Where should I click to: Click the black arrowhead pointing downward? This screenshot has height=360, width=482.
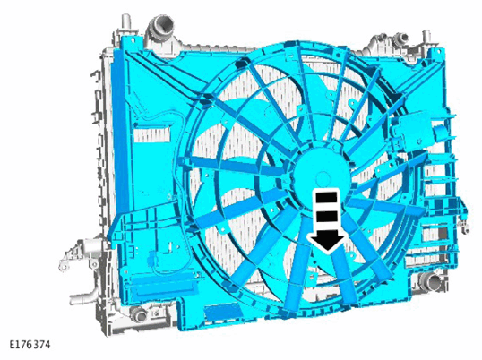[327, 240]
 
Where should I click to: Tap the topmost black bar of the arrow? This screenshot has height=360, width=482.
[326, 197]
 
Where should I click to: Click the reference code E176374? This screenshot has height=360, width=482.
[30, 345]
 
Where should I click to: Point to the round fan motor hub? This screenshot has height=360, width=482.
[322, 177]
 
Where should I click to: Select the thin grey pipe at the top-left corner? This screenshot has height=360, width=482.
[125, 22]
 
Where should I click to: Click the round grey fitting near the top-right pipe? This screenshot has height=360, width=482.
[401, 38]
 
